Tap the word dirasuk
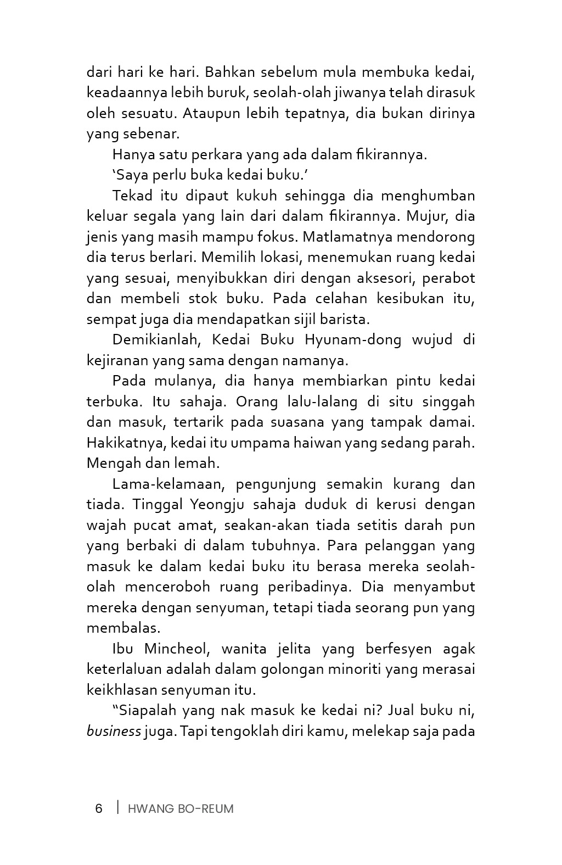(448, 92)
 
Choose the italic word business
(114, 732)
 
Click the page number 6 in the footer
(99, 808)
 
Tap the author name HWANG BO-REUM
(181, 808)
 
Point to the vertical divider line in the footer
(117, 807)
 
